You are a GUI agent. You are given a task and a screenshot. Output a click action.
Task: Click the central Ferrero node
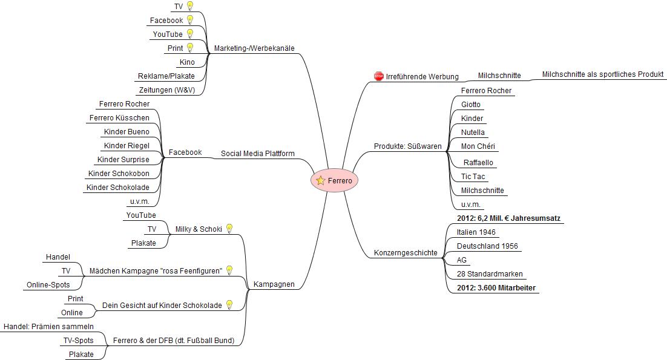(334, 181)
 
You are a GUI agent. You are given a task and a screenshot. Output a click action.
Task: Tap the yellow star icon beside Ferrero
(320, 181)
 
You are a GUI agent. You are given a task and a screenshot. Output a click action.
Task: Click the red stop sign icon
(378, 76)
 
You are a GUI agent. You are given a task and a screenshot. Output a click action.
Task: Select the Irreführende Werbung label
(422, 76)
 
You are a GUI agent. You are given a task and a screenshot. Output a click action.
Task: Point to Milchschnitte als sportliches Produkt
(603, 74)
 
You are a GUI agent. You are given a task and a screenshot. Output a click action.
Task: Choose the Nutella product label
(473, 132)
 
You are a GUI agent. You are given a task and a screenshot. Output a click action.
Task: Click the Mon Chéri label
(478, 146)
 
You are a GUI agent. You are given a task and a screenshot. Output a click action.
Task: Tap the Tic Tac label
(473, 177)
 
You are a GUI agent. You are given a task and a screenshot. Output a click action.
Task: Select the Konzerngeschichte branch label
(406, 253)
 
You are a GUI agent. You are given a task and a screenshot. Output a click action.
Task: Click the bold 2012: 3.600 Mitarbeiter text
(496, 288)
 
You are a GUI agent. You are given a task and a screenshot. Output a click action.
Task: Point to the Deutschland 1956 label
(487, 246)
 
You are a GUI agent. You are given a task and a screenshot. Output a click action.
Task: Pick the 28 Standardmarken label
(490, 274)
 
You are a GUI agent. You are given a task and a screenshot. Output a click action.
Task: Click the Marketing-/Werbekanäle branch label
(254, 48)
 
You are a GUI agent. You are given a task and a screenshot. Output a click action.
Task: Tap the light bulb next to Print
(190, 47)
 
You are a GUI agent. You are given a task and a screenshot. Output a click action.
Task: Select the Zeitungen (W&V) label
(167, 90)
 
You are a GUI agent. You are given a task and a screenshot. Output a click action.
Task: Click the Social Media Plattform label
(257, 154)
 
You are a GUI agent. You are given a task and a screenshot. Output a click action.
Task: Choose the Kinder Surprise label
(123, 159)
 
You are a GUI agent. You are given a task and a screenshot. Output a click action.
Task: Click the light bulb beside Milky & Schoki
(229, 229)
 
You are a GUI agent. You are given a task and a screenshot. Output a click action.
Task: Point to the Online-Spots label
(48, 285)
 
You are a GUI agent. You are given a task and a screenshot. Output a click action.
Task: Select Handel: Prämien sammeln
(48, 327)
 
